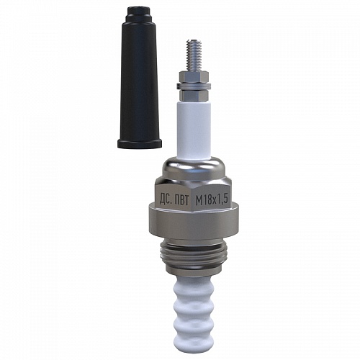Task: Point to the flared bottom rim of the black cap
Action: (x=140, y=143)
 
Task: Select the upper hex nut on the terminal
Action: (x=194, y=77)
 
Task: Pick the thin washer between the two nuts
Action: (x=194, y=86)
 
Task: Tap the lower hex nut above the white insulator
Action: (x=194, y=94)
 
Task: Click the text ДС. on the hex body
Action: (x=166, y=200)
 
